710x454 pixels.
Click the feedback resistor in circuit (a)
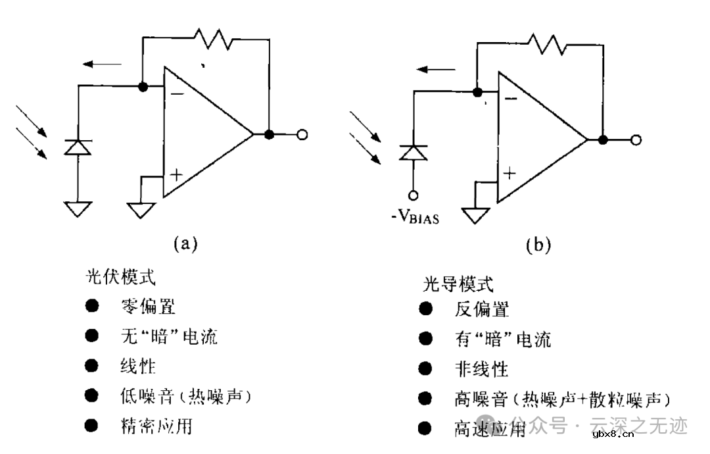pos(214,39)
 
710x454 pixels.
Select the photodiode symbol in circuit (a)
pos(77,147)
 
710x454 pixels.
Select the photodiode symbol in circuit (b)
pos(414,152)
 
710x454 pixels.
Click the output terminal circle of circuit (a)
pos(302,135)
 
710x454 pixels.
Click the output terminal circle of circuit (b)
pos(635,139)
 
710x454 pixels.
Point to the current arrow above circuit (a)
pos(103,64)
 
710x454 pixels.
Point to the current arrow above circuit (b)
pos(436,68)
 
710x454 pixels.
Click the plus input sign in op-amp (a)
pos(176,174)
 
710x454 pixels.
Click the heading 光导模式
pos(458,284)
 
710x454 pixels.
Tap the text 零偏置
pos(149,306)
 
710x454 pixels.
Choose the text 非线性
pos(481,368)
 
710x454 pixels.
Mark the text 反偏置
pos(481,309)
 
